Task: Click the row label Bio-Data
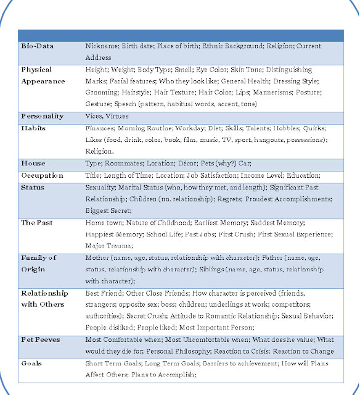37,46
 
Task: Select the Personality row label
42,116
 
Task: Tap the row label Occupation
42,175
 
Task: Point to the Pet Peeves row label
41,339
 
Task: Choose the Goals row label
32,363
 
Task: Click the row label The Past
37,222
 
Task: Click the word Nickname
102,46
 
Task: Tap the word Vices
96,116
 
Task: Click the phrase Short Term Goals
112,363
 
